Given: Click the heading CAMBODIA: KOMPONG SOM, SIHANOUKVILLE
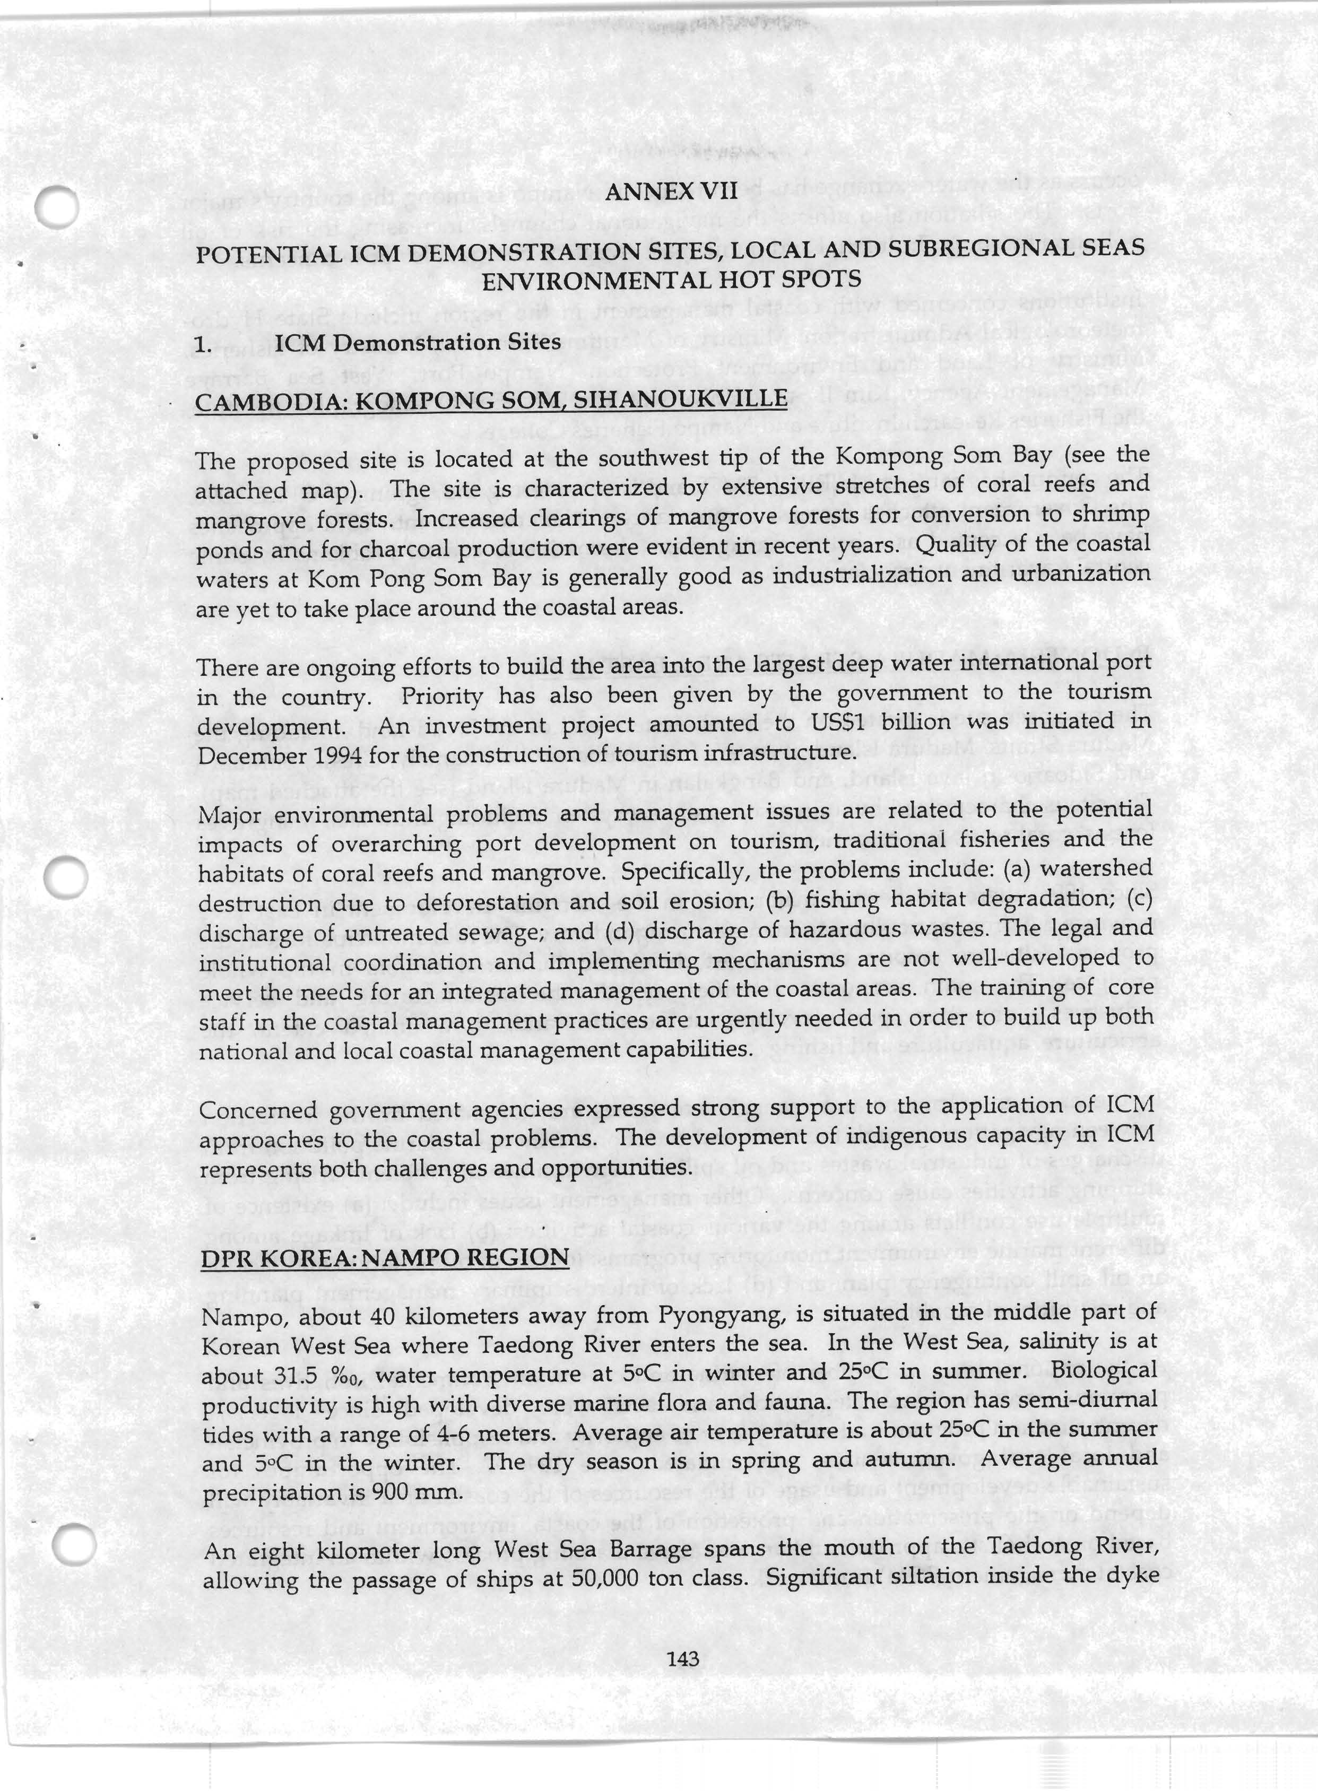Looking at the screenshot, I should tap(491, 399).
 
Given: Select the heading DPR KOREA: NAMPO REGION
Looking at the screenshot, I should tap(385, 1258).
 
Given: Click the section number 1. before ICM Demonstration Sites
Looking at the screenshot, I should tap(204, 345).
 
